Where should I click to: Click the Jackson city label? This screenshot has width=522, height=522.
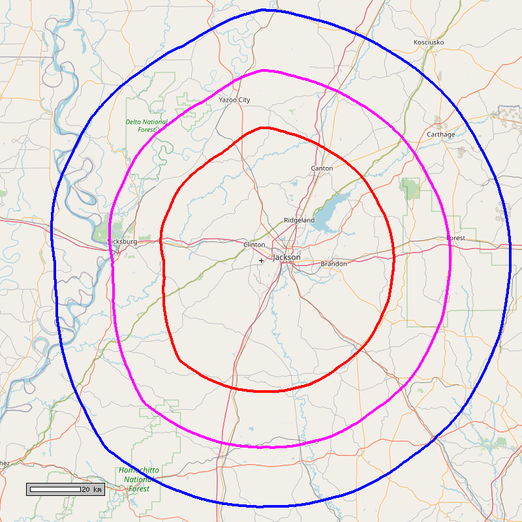pyautogui.click(x=287, y=257)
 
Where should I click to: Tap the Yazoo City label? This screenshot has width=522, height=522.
pyautogui.click(x=234, y=100)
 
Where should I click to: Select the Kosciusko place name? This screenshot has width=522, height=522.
pyautogui.click(x=429, y=42)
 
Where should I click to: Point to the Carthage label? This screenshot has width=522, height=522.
pyautogui.click(x=440, y=134)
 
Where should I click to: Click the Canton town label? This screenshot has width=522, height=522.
pyautogui.click(x=322, y=168)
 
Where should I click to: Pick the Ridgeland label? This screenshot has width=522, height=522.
pyautogui.click(x=299, y=221)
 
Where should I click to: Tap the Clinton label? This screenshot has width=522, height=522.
pyautogui.click(x=254, y=245)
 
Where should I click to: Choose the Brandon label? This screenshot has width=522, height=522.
pyautogui.click(x=333, y=264)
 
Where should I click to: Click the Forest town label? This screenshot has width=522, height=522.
pyautogui.click(x=456, y=238)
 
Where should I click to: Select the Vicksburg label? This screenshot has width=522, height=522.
pyautogui.click(x=123, y=241)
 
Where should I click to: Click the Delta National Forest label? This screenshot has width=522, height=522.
pyautogui.click(x=147, y=126)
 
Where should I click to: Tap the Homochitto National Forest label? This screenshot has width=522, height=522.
pyautogui.click(x=138, y=479)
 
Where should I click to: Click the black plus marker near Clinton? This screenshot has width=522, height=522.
pyautogui.click(x=261, y=260)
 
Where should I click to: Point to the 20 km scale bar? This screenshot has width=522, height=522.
pyautogui.click(x=55, y=489)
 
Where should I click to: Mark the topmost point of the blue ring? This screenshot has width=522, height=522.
pyautogui.click(x=263, y=10)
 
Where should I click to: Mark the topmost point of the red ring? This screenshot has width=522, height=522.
pyautogui.click(x=262, y=127)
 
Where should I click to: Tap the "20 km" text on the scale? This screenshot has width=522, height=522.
pyautogui.click(x=92, y=489)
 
